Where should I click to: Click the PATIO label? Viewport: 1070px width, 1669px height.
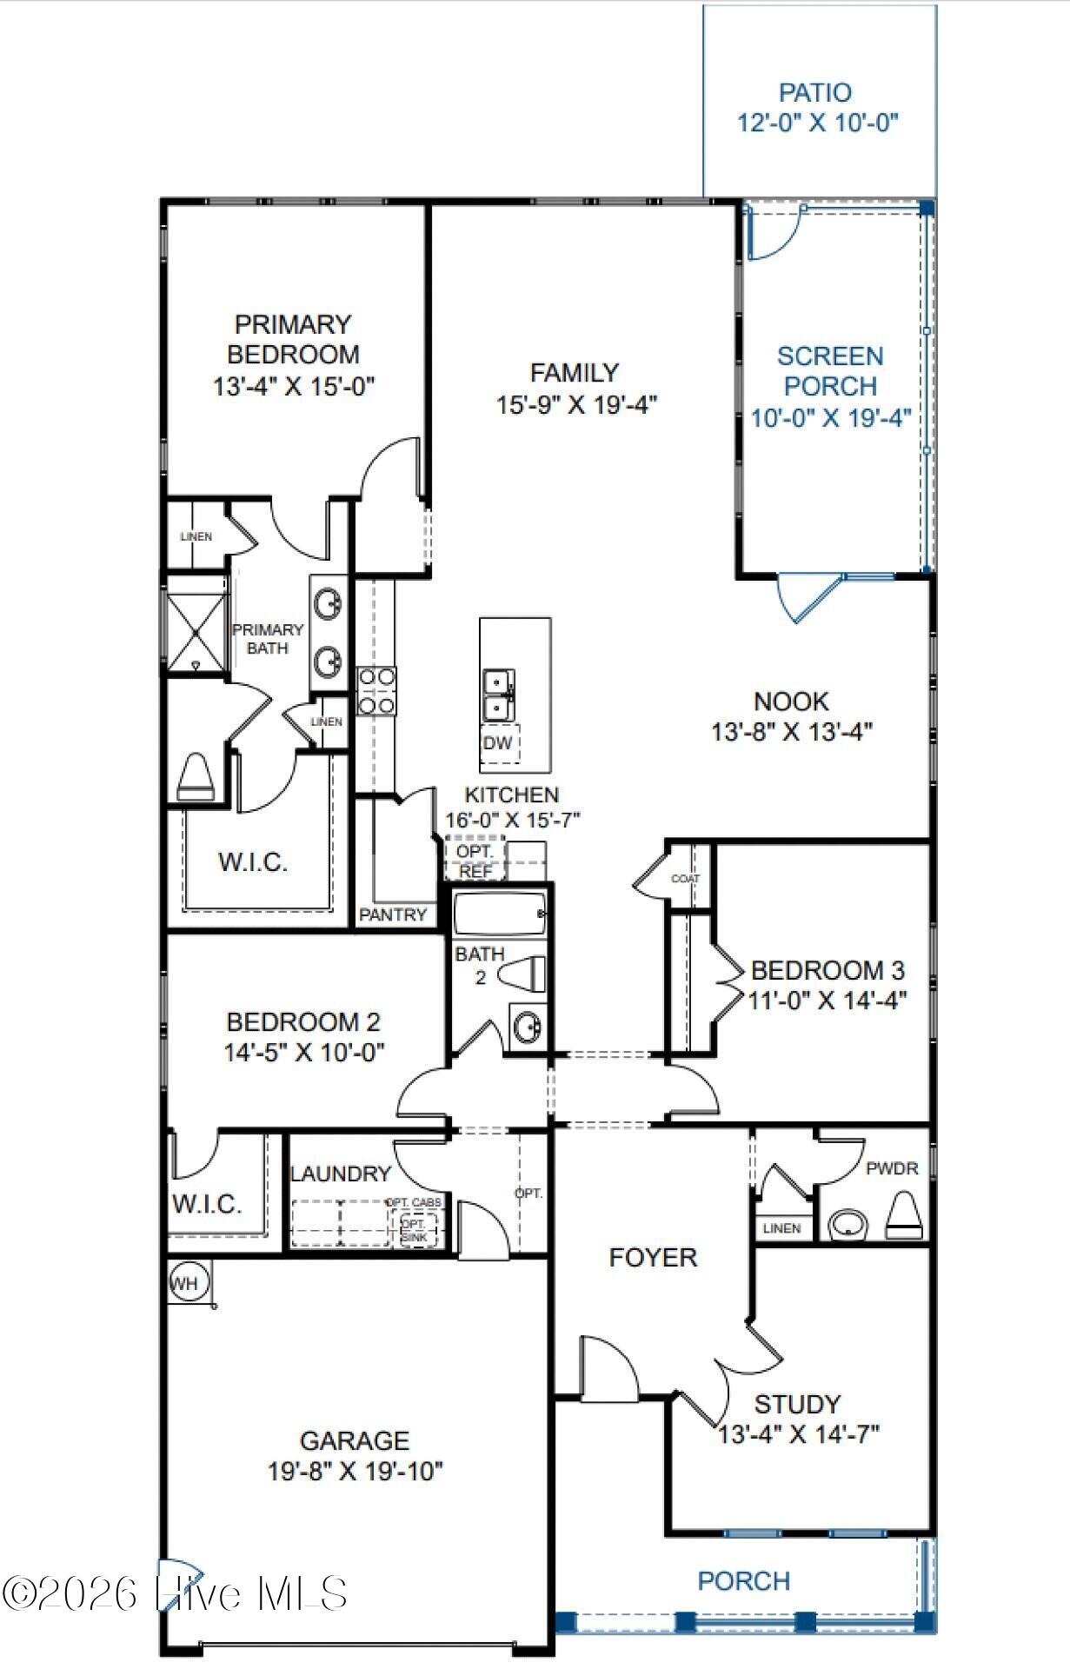[x=814, y=92]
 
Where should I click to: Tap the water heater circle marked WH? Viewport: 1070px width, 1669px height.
[x=184, y=1283]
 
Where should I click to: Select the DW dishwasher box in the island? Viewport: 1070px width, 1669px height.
[x=498, y=743]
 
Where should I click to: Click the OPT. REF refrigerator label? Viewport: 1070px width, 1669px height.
[x=475, y=861]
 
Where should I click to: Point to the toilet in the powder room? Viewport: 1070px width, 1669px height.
[x=904, y=1216]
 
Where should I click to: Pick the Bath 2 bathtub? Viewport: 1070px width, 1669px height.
[x=500, y=914]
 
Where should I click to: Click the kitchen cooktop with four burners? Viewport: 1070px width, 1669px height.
[x=376, y=690]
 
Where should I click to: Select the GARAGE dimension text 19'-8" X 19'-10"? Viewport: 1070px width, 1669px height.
[x=355, y=1471]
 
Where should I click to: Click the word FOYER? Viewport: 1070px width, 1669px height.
[x=653, y=1257]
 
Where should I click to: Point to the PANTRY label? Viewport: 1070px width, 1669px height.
[x=393, y=914]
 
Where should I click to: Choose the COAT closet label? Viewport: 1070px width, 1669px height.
[x=685, y=879]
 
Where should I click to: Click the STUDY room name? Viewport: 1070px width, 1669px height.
[x=797, y=1404]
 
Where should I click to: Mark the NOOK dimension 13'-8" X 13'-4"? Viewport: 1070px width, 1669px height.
[x=791, y=731]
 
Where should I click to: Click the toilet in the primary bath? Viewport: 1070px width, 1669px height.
[x=196, y=776]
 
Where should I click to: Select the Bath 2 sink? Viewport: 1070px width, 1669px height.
[x=527, y=1027]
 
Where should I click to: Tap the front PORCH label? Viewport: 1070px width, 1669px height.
[x=744, y=1580]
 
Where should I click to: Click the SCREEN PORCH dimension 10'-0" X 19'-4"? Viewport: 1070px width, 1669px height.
[x=830, y=417]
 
